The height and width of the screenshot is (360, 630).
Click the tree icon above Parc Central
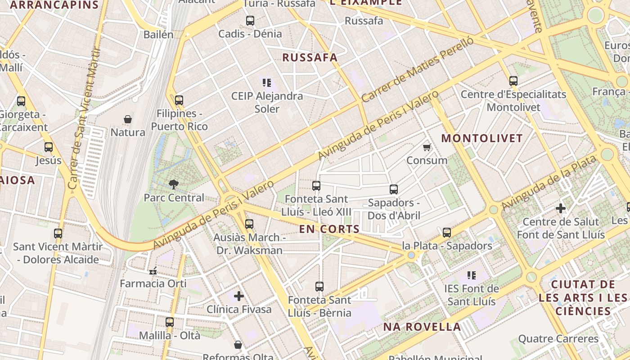(x=173, y=184)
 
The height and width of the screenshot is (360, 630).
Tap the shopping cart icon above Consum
(x=427, y=147)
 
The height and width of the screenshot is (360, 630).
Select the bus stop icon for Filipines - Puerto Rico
(x=179, y=100)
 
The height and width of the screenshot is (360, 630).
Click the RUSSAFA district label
(x=310, y=58)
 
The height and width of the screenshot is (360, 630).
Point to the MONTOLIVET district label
(x=482, y=138)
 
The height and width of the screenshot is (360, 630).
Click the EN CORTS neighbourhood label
(x=329, y=229)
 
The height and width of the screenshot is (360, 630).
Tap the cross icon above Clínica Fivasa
(x=239, y=296)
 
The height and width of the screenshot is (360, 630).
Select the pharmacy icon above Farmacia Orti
(x=153, y=270)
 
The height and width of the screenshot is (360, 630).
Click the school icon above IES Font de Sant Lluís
(x=471, y=275)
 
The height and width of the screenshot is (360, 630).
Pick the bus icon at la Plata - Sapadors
(x=447, y=232)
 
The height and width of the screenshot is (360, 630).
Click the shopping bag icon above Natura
(x=128, y=119)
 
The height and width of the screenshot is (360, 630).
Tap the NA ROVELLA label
(x=422, y=327)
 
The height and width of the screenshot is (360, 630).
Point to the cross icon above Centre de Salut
(x=561, y=208)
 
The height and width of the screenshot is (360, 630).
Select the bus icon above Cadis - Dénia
(x=250, y=20)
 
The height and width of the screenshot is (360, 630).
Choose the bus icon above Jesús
(x=49, y=147)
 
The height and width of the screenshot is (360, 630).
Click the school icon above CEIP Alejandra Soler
(x=267, y=82)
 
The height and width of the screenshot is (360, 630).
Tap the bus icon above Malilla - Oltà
(x=170, y=322)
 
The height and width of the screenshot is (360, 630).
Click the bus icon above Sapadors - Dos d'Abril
(x=394, y=189)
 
